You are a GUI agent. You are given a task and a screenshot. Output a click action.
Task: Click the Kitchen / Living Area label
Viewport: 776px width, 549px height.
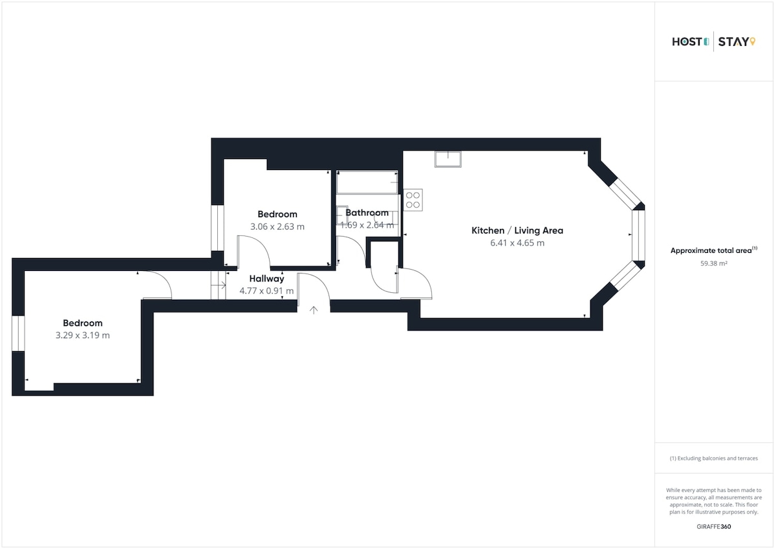click(x=517, y=230)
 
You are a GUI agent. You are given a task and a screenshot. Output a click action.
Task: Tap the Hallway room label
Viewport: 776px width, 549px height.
click(x=266, y=279)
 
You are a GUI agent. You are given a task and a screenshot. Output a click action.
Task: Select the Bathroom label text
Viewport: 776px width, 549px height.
click(x=367, y=213)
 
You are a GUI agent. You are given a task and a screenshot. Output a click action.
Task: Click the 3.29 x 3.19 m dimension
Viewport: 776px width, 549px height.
click(x=83, y=336)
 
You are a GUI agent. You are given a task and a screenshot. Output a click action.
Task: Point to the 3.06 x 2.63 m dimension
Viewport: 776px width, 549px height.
click(x=277, y=226)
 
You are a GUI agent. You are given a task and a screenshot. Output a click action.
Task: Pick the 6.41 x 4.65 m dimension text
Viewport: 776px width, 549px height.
click(x=517, y=242)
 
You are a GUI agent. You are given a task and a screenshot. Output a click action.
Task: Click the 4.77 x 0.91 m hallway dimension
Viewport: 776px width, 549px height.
click(x=266, y=290)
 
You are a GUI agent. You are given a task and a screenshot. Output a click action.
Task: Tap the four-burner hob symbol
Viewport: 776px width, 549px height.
click(x=413, y=200)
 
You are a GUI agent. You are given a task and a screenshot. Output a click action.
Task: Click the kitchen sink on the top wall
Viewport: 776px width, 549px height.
click(x=448, y=159)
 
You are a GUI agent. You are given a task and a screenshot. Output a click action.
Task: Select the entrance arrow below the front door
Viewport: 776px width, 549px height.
click(x=314, y=310)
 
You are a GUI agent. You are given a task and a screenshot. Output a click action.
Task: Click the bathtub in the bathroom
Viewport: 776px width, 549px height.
click(x=367, y=182)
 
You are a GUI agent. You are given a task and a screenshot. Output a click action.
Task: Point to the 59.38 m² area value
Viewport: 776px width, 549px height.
click(x=714, y=263)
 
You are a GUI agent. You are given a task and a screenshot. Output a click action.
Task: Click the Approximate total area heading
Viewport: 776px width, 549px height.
click(x=714, y=250)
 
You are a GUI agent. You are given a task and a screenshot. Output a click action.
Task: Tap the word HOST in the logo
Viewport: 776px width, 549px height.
click(x=687, y=42)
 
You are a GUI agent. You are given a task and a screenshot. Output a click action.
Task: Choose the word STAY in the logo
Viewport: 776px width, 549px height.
click(x=733, y=42)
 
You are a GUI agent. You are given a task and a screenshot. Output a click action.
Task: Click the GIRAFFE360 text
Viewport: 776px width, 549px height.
click(x=714, y=526)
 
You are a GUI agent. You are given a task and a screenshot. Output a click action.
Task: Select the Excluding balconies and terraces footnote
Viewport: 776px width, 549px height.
click(x=714, y=458)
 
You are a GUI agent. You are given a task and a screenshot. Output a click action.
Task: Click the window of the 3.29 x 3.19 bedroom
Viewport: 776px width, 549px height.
click(x=18, y=333)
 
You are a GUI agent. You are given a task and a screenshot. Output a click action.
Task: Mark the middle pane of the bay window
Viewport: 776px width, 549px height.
click(x=638, y=235)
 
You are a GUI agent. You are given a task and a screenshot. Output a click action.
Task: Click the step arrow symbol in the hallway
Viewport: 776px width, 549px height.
click(x=219, y=285)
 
